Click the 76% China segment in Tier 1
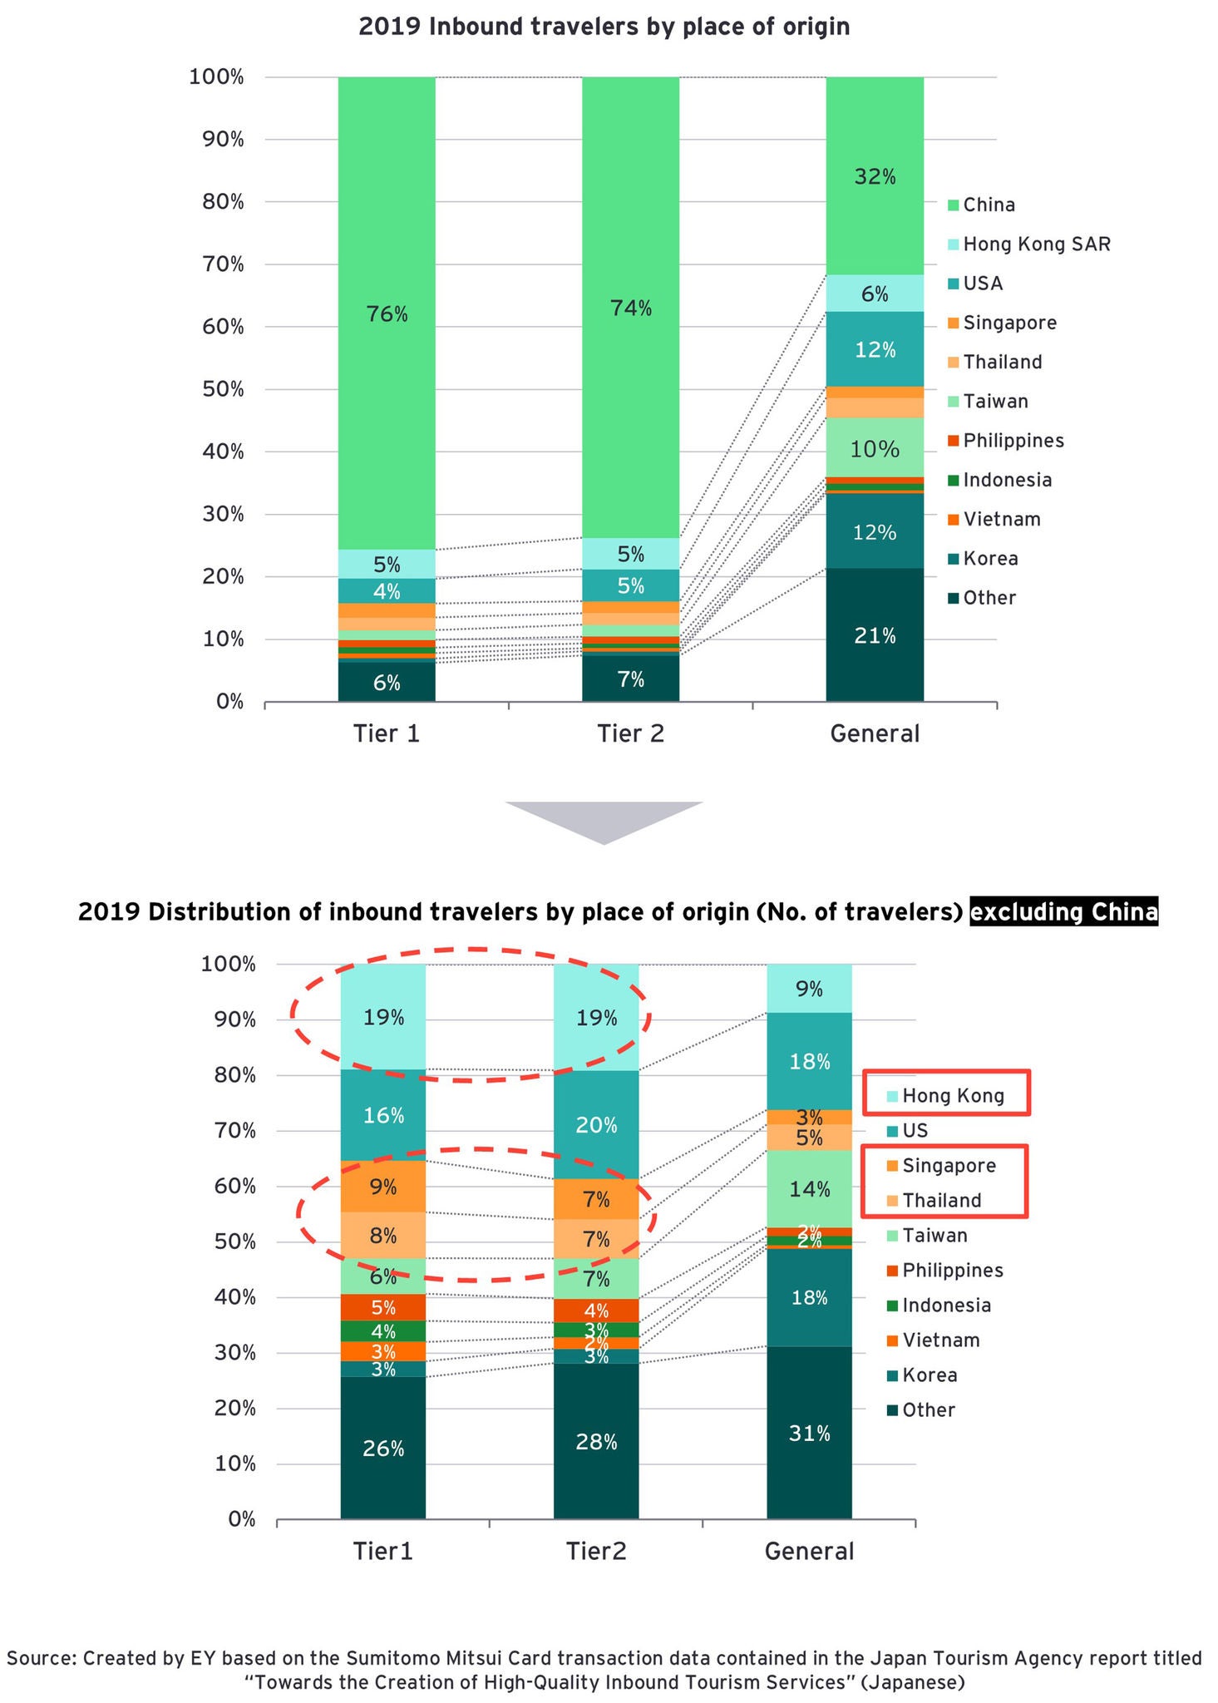coord(387,313)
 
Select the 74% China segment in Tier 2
coord(630,308)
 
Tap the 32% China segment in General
coord(875,176)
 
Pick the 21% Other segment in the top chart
coord(875,635)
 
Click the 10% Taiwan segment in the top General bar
coord(875,449)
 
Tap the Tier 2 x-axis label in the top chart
coord(630,733)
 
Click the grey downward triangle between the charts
coord(604,818)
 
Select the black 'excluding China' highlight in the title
coord(1063,913)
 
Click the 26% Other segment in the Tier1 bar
coord(383,1448)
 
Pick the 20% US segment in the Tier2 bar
coord(596,1125)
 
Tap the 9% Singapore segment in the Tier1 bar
coord(383,1187)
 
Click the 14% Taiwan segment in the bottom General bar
coord(809,1189)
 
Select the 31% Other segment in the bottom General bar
coord(809,1433)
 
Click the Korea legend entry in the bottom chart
coord(929,1375)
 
